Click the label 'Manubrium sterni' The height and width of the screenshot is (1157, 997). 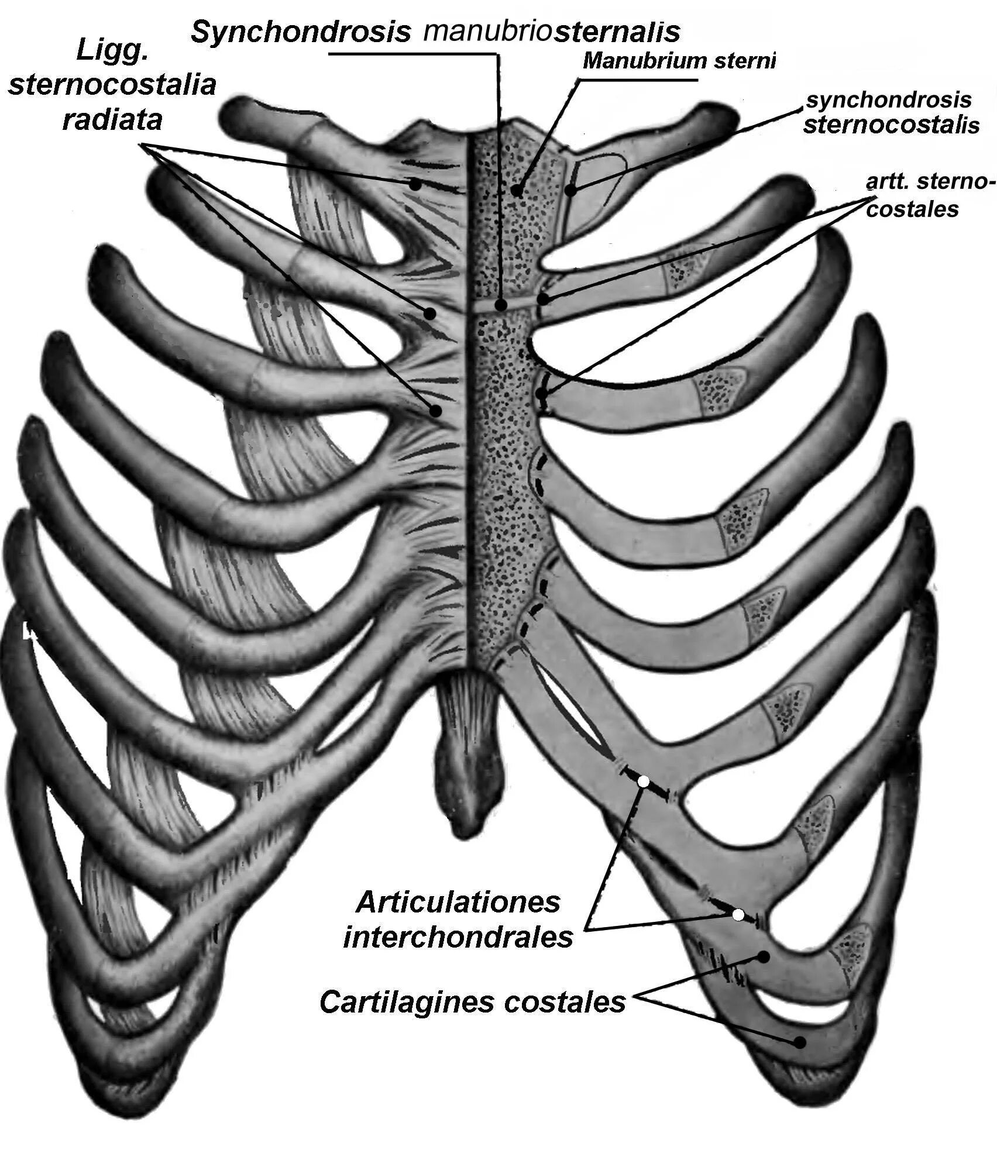(x=679, y=61)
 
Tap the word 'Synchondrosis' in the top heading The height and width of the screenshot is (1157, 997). (x=301, y=32)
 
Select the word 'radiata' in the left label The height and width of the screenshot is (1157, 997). (x=112, y=120)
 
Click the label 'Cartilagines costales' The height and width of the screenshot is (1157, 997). (x=473, y=1002)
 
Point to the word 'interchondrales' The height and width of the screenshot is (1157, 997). (x=458, y=938)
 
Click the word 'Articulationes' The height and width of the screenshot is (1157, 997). (x=458, y=903)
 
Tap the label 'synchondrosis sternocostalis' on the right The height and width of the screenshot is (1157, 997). (x=891, y=112)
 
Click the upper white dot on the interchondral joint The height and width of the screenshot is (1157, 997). (x=643, y=781)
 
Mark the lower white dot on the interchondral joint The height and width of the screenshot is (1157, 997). (x=739, y=914)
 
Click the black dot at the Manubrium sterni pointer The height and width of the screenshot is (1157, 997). (x=516, y=190)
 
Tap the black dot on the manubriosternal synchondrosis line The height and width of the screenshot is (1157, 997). (x=501, y=305)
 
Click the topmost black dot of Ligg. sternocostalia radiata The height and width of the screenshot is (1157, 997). (x=415, y=184)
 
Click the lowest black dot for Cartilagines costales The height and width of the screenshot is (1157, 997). (x=799, y=1042)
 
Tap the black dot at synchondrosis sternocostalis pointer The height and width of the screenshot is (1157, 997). (x=572, y=189)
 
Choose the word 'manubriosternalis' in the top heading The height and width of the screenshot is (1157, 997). (x=552, y=31)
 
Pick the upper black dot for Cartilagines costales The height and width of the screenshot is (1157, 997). (x=764, y=956)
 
